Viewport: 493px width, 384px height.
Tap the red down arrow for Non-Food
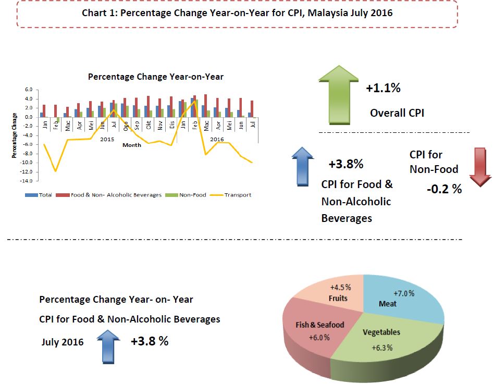[480, 167]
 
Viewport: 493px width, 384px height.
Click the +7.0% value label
[404, 293]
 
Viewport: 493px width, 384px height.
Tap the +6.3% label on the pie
[382, 348]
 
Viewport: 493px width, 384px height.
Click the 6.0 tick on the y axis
[29, 90]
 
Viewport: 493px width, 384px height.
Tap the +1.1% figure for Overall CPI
[383, 88]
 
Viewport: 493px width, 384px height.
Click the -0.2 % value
[444, 189]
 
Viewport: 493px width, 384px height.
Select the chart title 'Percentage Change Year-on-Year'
[155, 77]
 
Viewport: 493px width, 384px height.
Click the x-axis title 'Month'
[132, 145]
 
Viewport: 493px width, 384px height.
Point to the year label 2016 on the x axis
[217, 139]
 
